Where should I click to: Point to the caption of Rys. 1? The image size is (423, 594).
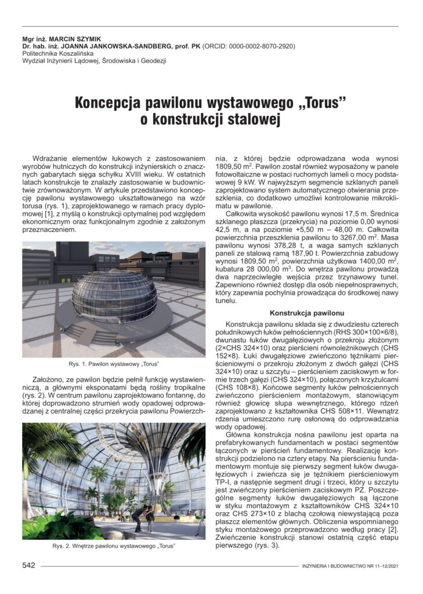coord(114,364)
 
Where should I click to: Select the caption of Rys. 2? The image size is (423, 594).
coord(114,546)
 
